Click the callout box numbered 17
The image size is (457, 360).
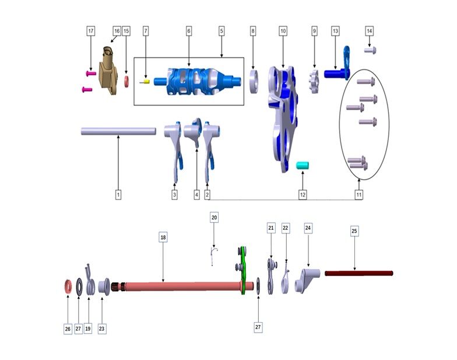pyautogui.click(x=90, y=30)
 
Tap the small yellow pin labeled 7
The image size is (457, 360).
pyautogui.click(x=147, y=82)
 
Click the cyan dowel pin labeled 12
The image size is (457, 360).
pyautogui.click(x=303, y=166)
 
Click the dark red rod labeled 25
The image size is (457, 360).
pyautogui.click(x=358, y=273)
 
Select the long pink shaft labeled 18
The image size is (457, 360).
pyautogui.click(x=175, y=286)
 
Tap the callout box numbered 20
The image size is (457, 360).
pyautogui.click(x=214, y=217)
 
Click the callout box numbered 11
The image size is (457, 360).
pyautogui.click(x=360, y=194)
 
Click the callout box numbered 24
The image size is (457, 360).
pyautogui.click(x=308, y=228)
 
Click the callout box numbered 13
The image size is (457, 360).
pyautogui.click(x=335, y=30)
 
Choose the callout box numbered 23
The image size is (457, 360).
pyautogui.click(x=102, y=329)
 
